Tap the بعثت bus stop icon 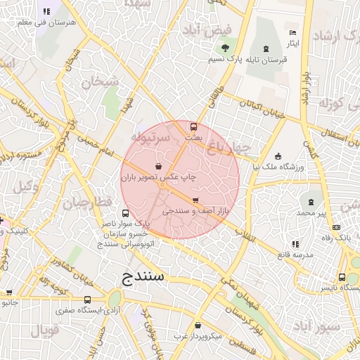click(x=194, y=127)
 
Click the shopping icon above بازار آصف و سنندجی click(x=195, y=200)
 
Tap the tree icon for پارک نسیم click(x=225, y=48)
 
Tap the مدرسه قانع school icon click(x=295, y=244)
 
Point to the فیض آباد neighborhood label click(x=207, y=30)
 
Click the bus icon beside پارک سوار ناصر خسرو click(x=125, y=213)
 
